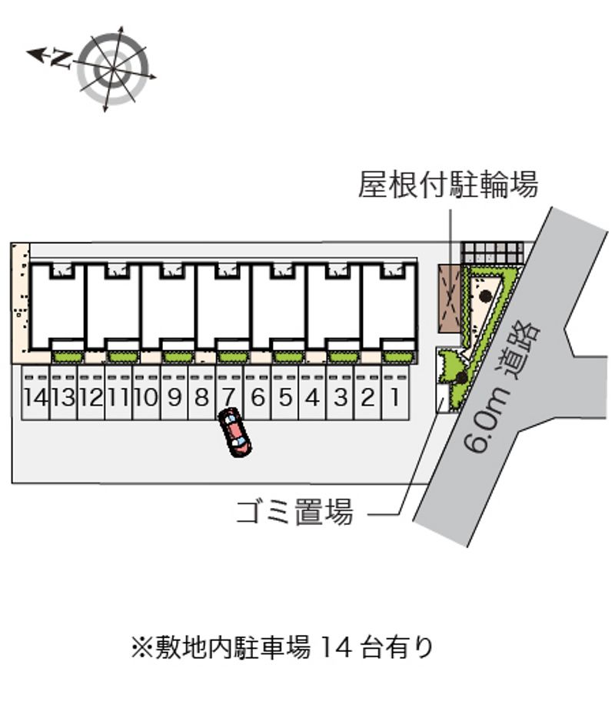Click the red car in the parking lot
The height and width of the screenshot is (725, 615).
(235, 434)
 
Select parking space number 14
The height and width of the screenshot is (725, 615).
(35, 398)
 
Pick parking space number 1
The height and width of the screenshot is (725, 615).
(395, 398)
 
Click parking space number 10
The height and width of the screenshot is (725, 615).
(146, 398)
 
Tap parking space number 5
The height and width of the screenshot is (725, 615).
(284, 398)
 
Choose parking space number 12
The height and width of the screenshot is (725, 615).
(91, 398)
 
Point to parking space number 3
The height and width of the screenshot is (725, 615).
(340, 398)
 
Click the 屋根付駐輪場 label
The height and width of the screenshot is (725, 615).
(447, 185)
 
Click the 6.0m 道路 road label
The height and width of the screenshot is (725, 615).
(504, 389)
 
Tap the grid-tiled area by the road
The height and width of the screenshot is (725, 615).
(492, 252)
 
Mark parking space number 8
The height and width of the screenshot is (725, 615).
(201, 398)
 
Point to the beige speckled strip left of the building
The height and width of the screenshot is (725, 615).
(20, 300)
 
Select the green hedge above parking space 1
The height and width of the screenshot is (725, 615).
(397, 356)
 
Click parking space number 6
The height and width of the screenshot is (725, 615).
(257, 398)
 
